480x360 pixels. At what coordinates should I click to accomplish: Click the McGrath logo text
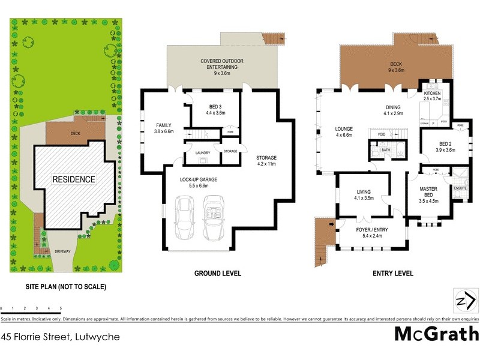coord(436,334)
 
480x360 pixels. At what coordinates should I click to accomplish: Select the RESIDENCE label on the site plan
coord(73,179)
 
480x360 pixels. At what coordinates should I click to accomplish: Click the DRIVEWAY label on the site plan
coord(62,251)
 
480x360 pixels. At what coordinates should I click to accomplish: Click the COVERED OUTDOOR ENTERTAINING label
coord(223,64)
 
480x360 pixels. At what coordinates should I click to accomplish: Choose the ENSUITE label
coord(460,188)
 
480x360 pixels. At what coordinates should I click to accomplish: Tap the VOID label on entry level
coord(381,135)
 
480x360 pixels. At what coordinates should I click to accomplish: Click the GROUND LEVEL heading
coord(217,274)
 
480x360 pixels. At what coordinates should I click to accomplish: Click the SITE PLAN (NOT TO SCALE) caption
coord(66,287)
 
